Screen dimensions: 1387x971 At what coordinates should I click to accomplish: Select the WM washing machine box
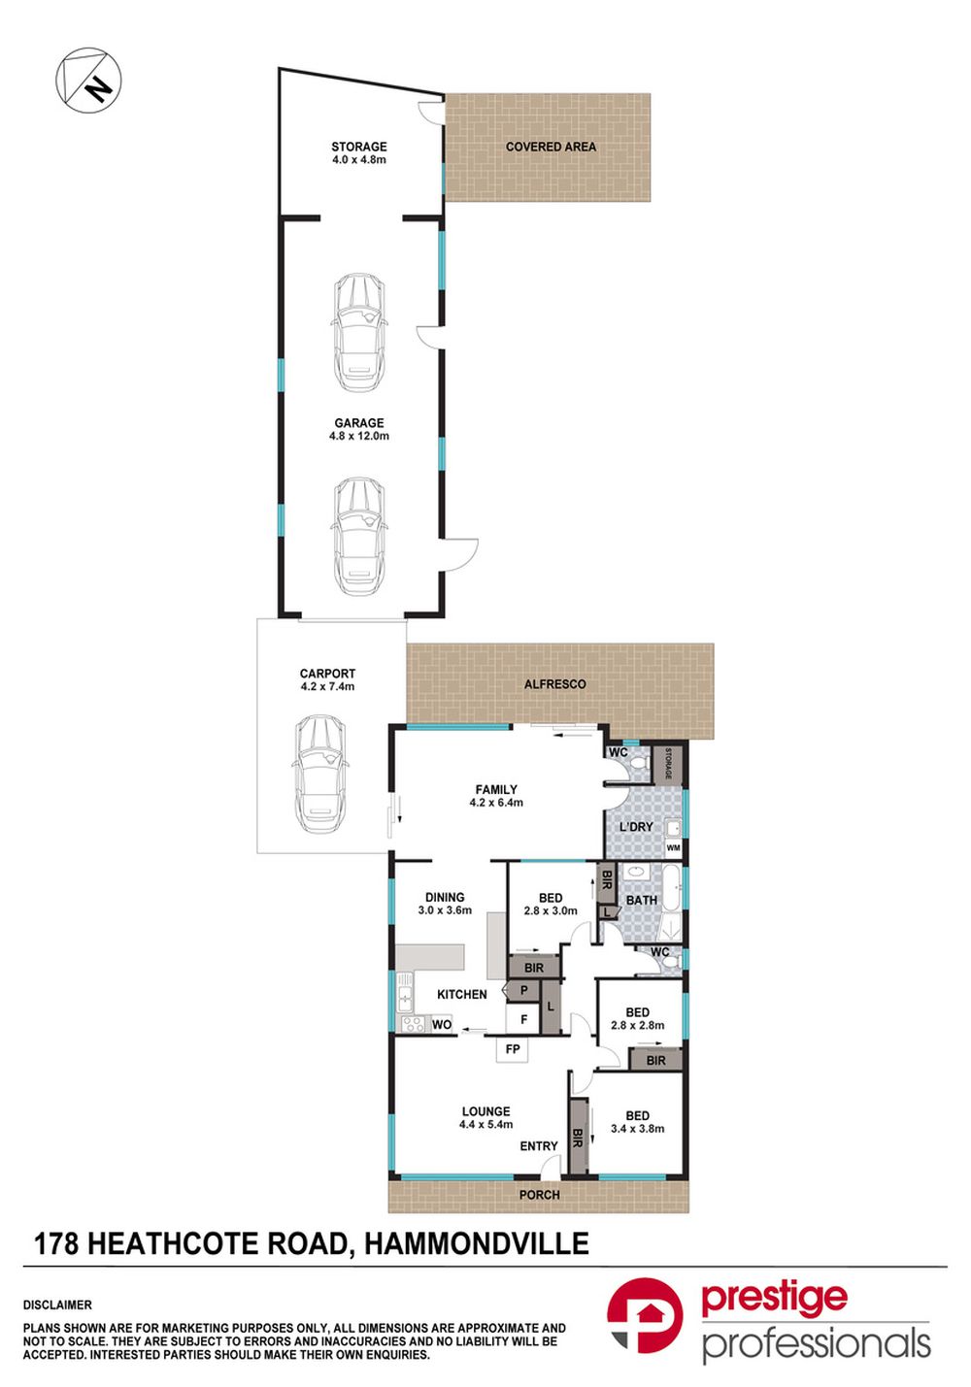(x=673, y=847)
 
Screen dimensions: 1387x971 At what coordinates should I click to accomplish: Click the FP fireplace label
(x=513, y=1049)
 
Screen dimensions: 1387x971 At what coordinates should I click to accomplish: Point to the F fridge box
(x=524, y=1019)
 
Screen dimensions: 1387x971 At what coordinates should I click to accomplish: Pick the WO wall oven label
(x=442, y=1025)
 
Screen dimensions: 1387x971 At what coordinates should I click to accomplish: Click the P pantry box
(x=524, y=990)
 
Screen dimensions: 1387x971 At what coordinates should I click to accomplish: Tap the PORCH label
(x=539, y=1195)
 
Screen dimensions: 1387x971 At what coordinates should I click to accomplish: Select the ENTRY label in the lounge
(x=539, y=1146)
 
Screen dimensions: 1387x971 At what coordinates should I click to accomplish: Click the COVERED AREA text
(x=551, y=148)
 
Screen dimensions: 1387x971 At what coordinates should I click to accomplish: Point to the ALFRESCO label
(x=555, y=684)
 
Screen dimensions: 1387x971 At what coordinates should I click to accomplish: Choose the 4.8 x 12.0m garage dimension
(x=359, y=437)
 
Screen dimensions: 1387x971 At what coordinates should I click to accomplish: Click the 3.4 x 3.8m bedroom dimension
(x=637, y=1129)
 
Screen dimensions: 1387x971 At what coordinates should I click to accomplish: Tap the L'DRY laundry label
(x=636, y=827)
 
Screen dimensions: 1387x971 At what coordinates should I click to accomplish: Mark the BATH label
(x=641, y=901)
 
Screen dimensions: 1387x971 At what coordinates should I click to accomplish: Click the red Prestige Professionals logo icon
(x=645, y=1314)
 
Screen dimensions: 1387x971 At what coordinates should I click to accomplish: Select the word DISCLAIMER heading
(x=57, y=1305)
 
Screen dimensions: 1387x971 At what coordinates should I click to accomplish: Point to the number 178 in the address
(x=56, y=1243)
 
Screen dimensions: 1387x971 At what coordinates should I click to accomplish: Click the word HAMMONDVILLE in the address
(x=475, y=1243)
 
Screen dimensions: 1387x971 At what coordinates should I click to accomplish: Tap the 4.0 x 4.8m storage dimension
(x=359, y=160)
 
